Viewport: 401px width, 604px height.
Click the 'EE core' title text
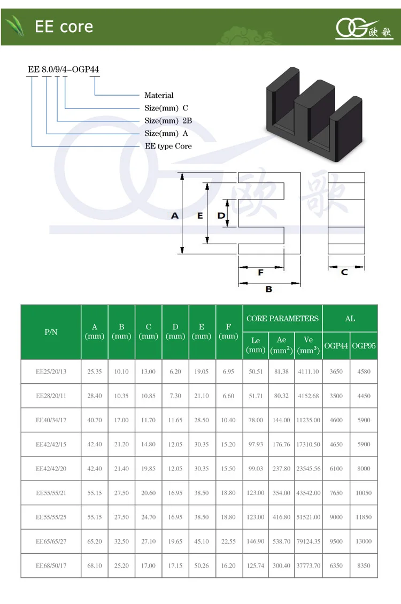(64, 27)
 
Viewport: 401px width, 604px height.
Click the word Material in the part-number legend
(159, 95)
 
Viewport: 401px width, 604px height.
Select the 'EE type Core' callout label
(168, 146)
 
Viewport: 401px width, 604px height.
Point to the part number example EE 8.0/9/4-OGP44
(63, 69)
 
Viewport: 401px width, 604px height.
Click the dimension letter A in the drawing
(175, 216)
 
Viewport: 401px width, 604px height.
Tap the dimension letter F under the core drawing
(261, 272)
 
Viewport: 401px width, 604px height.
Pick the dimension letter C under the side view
(345, 272)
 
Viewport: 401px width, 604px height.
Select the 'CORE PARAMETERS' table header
(282, 319)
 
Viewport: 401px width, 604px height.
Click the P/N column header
(51, 332)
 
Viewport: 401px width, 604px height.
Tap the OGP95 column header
(364, 346)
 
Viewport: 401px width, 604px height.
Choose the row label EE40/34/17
(51, 420)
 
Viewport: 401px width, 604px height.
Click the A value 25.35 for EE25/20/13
(95, 371)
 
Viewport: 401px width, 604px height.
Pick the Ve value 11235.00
(309, 420)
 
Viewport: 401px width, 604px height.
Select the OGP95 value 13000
(364, 541)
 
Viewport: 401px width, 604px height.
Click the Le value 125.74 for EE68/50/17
(256, 566)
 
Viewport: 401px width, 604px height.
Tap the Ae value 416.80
(282, 517)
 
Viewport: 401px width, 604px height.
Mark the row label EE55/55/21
(51, 493)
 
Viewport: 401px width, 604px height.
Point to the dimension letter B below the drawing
(269, 289)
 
